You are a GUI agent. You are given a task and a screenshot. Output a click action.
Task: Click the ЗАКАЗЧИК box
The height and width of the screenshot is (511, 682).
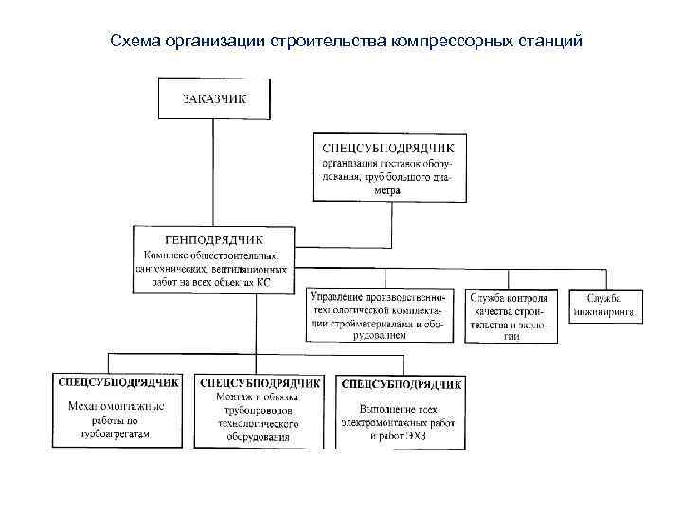point(214,98)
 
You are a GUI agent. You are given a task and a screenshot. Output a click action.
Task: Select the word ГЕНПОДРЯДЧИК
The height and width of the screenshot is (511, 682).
point(214,239)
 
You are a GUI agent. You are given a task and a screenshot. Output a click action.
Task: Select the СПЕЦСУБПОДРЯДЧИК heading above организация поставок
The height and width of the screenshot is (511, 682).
point(389,147)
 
